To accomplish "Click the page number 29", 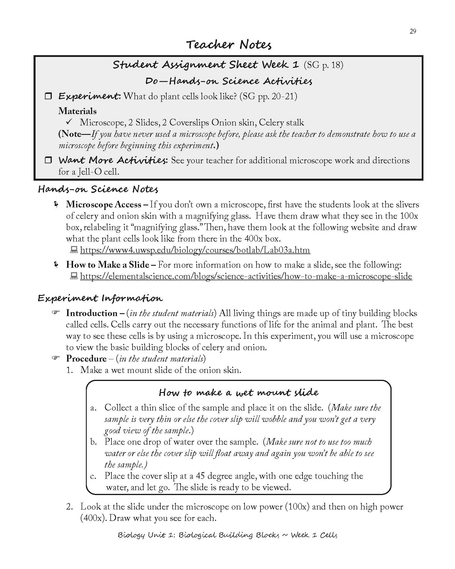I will (x=413, y=31).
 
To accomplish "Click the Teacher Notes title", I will (x=229, y=45).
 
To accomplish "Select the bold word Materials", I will (x=77, y=111).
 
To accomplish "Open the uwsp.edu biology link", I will (x=195, y=250).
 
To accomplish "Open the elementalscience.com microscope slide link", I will (x=246, y=276).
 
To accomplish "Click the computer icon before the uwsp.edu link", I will (x=74, y=250).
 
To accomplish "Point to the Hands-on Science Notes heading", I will (x=98, y=189).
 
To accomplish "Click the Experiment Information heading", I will (x=100, y=298).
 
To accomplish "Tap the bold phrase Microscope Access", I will (x=104, y=205).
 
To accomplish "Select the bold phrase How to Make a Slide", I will (x=107, y=265).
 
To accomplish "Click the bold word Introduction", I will (x=92, y=313).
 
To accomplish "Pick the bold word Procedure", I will (x=86, y=358).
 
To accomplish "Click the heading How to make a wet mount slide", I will (x=238, y=393).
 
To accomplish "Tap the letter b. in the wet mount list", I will (x=94, y=442).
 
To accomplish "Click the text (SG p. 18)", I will (x=323, y=65).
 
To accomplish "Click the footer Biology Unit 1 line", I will (x=227, y=535).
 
